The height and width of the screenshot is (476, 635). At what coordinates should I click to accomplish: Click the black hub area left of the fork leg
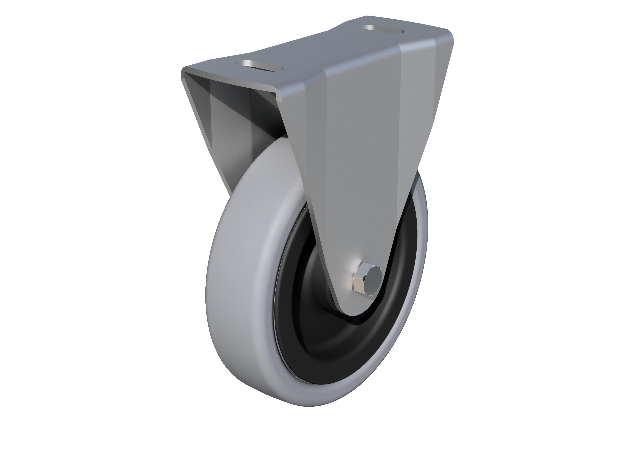(301, 287)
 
